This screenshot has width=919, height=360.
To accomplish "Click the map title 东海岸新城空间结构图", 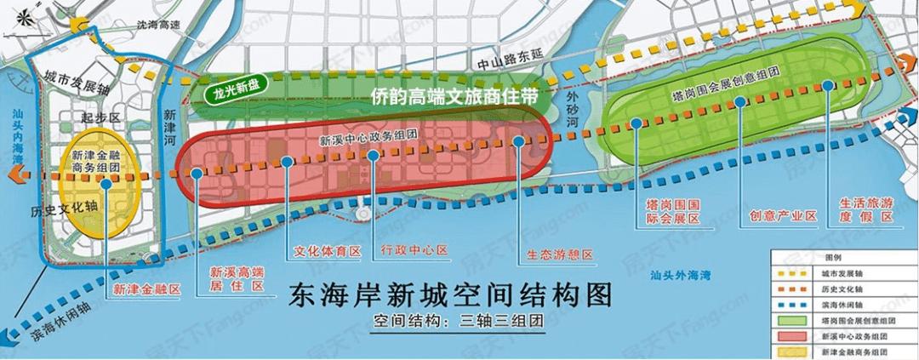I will point(452,295).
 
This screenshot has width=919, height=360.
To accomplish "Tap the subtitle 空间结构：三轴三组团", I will point(458,323).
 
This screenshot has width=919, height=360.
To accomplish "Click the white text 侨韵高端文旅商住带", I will point(456,97).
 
